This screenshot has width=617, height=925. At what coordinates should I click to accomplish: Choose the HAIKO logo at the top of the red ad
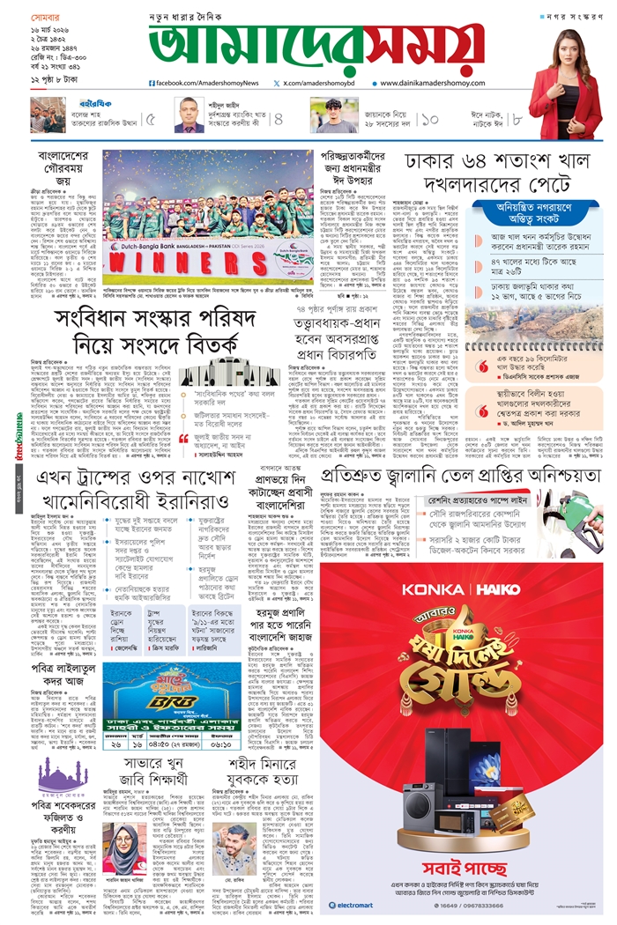point(491,591)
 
